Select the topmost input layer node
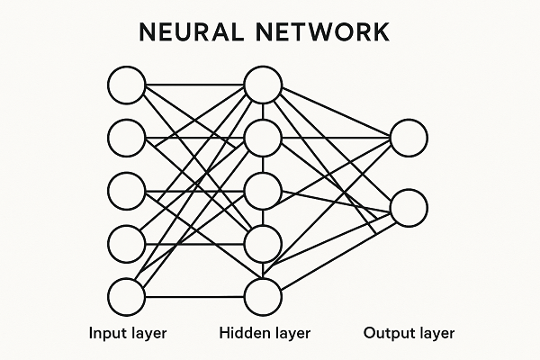coord(126,85)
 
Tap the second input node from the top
coord(126,138)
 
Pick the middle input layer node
coord(126,191)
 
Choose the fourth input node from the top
coord(126,243)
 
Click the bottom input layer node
coord(126,296)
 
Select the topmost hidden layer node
coord(263,85)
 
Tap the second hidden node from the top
coord(263,138)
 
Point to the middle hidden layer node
coord(263,191)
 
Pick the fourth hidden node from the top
coord(263,243)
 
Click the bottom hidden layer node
coord(263,296)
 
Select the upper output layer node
coord(408,138)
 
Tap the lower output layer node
coord(408,206)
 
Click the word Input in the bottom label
coord(105,334)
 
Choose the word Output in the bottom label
coord(386,334)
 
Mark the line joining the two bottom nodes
coord(194,296)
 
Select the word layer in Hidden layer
coord(291,334)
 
